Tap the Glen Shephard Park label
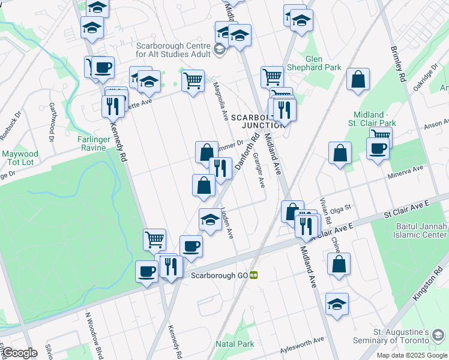(x=323, y=63)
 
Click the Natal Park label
(x=235, y=344)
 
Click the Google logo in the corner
(x=20, y=353)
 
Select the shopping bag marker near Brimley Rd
(x=358, y=80)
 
